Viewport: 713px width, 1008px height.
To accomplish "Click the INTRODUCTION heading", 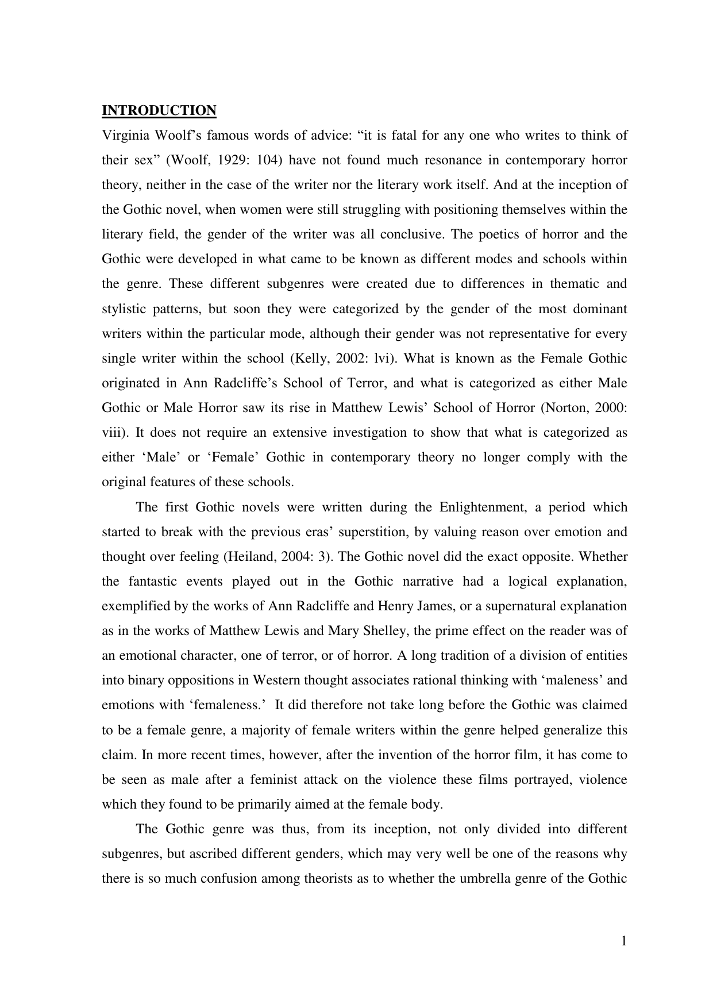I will pos(159,110).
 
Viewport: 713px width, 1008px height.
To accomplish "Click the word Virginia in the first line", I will pos(123,136).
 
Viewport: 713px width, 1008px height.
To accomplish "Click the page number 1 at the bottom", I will pos(624,941).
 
